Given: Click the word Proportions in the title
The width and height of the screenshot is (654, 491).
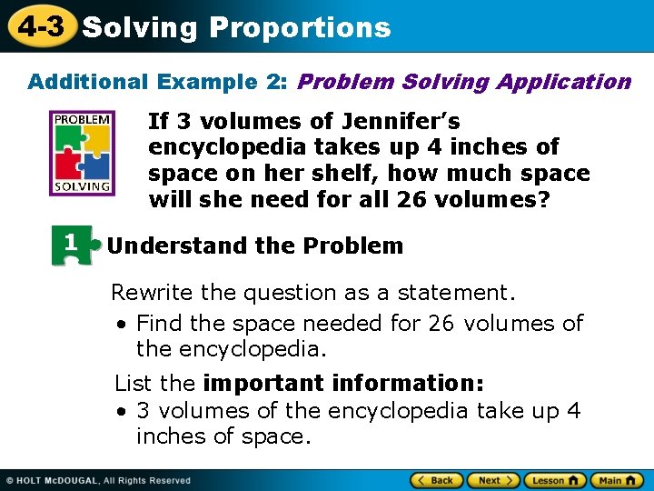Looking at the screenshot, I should [300, 28].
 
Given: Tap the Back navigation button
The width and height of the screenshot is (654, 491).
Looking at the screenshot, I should [436, 480].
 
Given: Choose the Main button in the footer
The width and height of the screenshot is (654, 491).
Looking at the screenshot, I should [617, 480].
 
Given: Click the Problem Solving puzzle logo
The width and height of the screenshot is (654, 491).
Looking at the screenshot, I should [83, 153].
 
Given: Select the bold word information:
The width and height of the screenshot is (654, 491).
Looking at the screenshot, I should [409, 383].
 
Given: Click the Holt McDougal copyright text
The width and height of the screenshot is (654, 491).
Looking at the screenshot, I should [100, 480].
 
